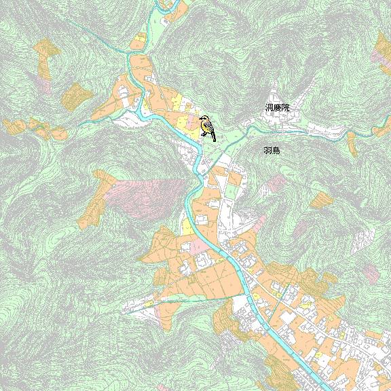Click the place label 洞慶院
coord(277,108)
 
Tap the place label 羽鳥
coord(272,150)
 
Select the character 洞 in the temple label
coord(269,108)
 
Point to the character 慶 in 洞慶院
coord(278,108)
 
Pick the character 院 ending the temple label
coord(285,108)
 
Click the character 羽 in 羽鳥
coord(267,150)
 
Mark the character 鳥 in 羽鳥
coord(276,150)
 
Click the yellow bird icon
coord(206,127)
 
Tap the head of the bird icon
coord(203,119)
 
